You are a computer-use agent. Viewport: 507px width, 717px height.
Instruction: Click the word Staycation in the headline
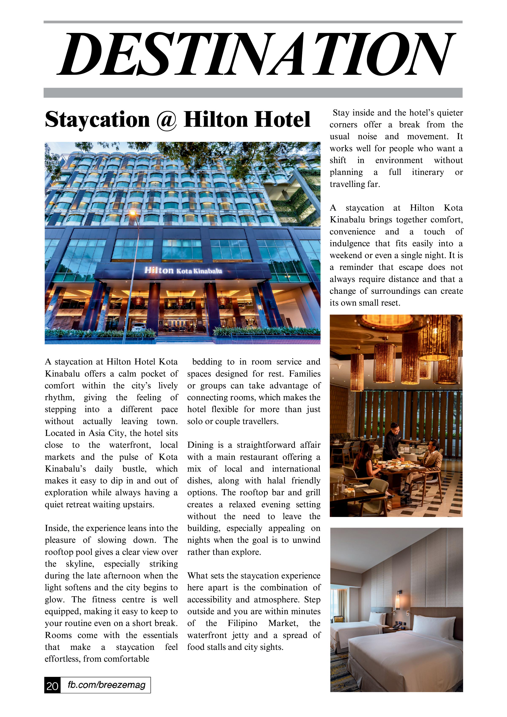pos(97,120)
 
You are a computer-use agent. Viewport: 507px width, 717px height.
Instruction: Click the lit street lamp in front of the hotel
pos(133,214)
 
